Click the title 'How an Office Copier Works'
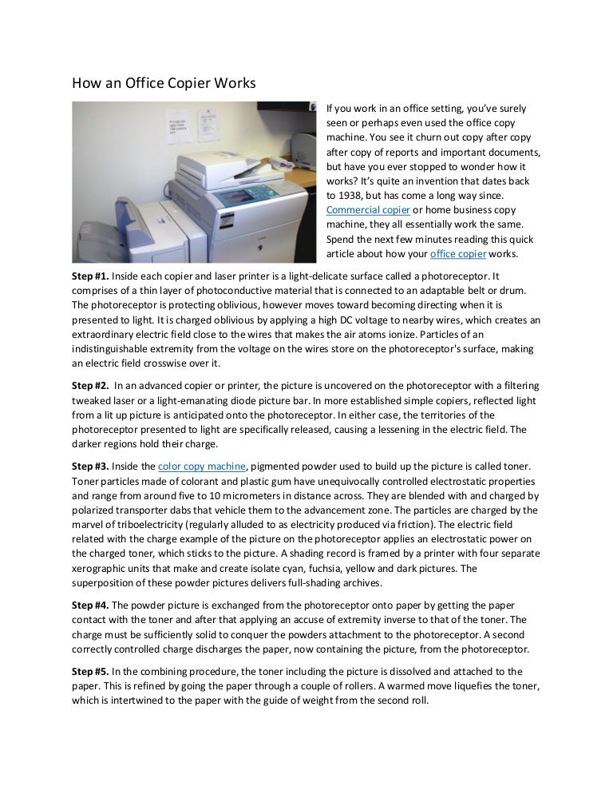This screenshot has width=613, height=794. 164,83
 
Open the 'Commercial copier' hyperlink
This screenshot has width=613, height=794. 369,210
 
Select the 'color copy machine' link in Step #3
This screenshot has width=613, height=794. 202,466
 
